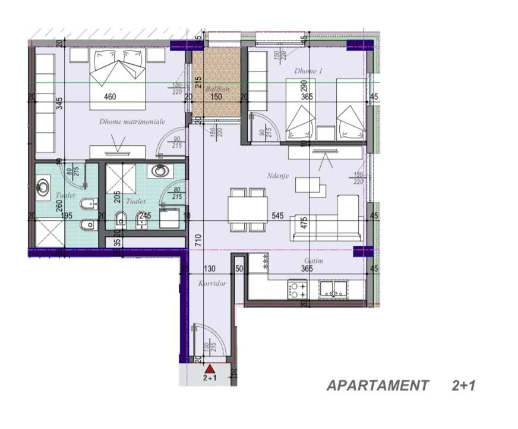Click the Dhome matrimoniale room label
(x=132, y=121)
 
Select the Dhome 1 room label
(x=308, y=71)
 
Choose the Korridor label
(x=212, y=284)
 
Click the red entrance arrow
(x=209, y=368)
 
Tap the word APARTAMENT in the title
(x=377, y=386)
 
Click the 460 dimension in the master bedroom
(x=109, y=97)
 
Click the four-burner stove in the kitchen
(x=298, y=290)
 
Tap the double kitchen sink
(x=333, y=289)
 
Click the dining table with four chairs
(x=248, y=209)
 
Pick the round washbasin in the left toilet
(x=43, y=188)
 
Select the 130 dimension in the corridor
(x=209, y=269)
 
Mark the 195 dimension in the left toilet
(x=67, y=216)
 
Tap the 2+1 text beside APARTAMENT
(x=463, y=386)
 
